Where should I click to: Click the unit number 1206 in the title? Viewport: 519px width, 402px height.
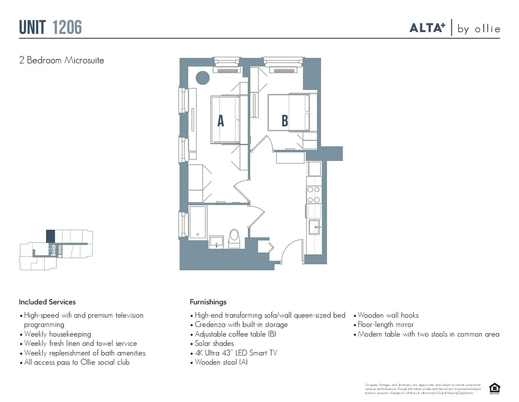click(x=67, y=27)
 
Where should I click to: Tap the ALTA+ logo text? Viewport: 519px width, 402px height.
click(x=427, y=28)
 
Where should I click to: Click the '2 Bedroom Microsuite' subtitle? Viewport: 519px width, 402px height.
click(x=62, y=60)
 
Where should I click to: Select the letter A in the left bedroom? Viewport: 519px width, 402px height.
click(x=220, y=121)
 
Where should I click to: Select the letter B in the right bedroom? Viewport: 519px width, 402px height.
click(x=284, y=121)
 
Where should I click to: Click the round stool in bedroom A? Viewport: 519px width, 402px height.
click(x=202, y=77)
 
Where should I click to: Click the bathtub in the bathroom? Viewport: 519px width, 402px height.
click(x=198, y=222)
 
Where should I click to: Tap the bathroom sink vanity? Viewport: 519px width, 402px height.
click(x=216, y=241)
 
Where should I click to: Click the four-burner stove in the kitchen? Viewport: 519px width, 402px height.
click(x=314, y=195)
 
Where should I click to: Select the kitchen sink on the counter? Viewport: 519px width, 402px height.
click(x=315, y=227)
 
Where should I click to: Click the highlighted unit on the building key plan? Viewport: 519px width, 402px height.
click(x=50, y=236)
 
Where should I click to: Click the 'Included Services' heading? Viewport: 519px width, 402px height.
click(x=47, y=302)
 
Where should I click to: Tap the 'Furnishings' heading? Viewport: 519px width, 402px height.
click(x=208, y=302)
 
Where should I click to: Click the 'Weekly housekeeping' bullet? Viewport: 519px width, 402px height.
click(x=57, y=334)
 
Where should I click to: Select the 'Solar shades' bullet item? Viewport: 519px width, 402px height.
click(x=214, y=344)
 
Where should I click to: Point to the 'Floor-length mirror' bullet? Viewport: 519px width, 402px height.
click(x=385, y=325)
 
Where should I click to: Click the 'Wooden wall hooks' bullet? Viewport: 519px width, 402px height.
click(x=388, y=316)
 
